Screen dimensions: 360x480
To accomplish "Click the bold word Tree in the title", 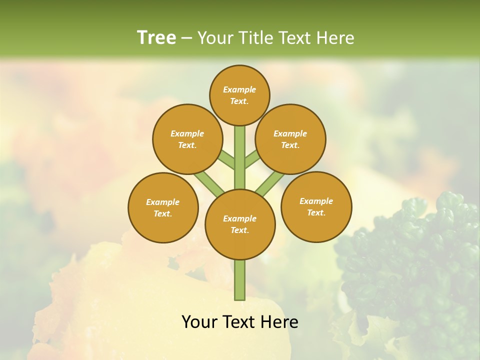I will click(x=156, y=37).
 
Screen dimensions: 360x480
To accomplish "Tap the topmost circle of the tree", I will click(x=239, y=95).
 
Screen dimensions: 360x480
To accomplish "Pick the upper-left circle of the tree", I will click(x=187, y=139).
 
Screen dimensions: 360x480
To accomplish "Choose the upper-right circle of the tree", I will click(x=290, y=139).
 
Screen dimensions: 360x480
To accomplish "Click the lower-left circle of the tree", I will click(x=163, y=207).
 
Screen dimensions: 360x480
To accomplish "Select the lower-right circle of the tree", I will click(x=316, y=206).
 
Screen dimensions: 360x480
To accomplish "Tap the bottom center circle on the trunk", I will click(x=240, y=224).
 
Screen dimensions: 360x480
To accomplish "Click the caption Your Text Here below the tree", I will click(x=240, y=322).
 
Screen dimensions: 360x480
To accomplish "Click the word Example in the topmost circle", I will click(x=239, y=89).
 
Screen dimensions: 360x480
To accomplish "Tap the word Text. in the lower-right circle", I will click(x=316, y=212).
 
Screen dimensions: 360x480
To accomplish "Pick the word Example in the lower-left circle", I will click(x=162, y=202).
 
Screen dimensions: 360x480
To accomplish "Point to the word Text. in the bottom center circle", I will click(x=239, y=230).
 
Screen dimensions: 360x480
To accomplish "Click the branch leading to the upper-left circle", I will click(x=226, y=159).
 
